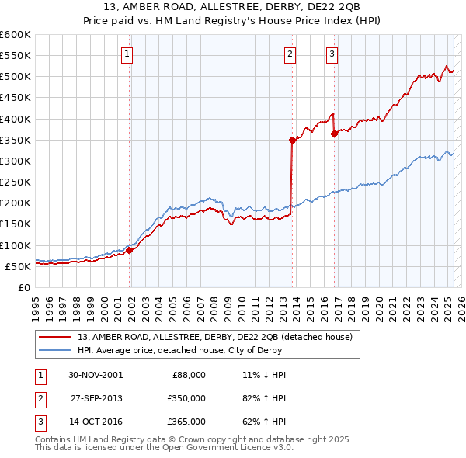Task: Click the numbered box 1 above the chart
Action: point(127,54)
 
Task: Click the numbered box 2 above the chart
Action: point(290,54)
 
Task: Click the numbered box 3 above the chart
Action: point(332,54)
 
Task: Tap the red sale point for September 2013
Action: point(293,140)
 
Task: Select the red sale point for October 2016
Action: point(334,134)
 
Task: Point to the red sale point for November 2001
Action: point(130,250)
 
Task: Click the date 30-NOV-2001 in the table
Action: point(96,374)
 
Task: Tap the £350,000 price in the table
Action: point(186,398)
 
